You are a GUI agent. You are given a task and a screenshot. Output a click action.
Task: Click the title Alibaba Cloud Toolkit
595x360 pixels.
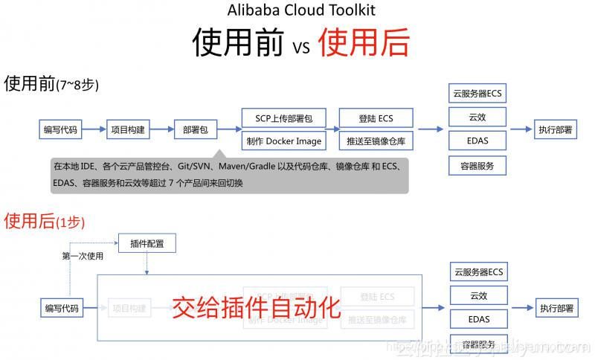coord(300,10)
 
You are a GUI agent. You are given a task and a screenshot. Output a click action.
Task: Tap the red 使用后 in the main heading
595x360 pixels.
coord(364,42)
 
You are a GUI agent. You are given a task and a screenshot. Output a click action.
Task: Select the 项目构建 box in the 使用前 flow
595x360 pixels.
coord(128,129)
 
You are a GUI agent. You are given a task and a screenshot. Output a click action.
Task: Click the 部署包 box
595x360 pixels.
coord(195,129)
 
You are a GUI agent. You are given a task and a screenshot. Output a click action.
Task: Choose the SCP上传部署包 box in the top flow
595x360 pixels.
coord(284,118)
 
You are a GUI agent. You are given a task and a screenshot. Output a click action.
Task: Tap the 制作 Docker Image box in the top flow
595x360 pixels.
coord(284,141)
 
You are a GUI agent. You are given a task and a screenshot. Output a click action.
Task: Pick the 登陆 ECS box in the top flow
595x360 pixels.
coord(376,118)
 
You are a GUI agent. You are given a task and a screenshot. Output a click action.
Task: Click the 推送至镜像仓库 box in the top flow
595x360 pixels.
coord(376,141)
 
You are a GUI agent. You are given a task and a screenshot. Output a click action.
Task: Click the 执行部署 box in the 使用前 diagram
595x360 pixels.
coord(556,129)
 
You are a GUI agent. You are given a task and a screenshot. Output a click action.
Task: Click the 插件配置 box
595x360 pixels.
coord(147,243)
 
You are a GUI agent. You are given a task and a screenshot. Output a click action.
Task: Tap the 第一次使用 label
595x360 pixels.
coord(83,257)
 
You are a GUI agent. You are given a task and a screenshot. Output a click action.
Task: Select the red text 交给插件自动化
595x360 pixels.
coord(256,306)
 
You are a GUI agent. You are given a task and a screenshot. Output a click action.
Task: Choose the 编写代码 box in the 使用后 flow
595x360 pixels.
coord(61,307)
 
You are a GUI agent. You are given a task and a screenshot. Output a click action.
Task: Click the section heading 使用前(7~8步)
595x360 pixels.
coord(51,84)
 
